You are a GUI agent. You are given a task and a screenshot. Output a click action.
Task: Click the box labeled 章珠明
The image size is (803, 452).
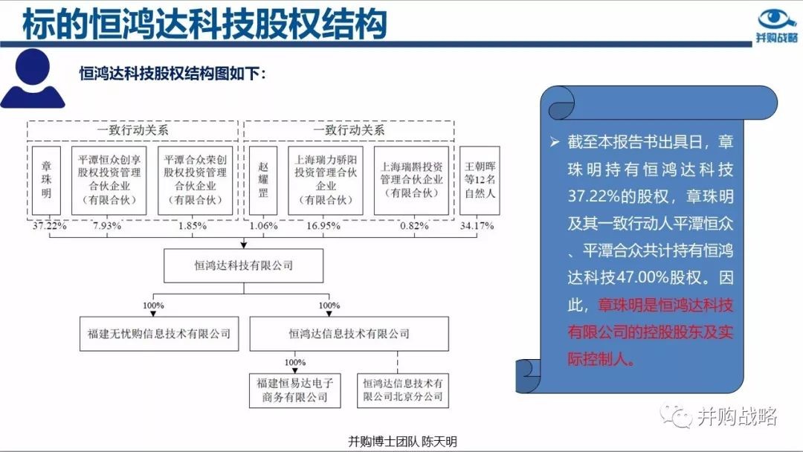click(46, 180)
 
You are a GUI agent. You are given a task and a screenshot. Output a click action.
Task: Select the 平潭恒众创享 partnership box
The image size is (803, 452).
click(109, 180)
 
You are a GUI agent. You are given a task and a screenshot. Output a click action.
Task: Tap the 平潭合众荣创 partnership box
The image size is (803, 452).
click(195, 180)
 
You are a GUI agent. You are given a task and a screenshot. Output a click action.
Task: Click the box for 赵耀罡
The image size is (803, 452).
click(262, 180)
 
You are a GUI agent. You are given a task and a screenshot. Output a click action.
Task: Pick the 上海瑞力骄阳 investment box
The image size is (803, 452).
click(325, 180)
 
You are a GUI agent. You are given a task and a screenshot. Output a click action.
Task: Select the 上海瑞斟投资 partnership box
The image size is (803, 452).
click(411, 180)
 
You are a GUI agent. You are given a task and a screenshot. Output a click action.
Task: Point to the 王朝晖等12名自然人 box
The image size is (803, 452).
click(480, 180)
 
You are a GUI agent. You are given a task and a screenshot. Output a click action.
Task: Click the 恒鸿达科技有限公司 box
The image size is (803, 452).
click(243, 265)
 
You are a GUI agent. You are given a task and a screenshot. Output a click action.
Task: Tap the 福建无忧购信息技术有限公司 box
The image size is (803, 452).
click(159, 334)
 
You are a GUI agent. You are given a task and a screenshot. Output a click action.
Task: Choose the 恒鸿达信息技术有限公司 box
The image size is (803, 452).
click(349, 334)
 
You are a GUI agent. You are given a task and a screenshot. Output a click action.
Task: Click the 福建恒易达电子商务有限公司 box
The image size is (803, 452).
click(295, 390)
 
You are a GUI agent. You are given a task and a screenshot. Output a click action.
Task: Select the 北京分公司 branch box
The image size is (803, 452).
click(403, 390)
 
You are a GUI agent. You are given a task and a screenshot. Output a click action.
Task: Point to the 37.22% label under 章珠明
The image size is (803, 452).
click(50, 226)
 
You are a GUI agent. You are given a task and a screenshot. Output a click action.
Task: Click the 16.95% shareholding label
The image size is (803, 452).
click(323, 226)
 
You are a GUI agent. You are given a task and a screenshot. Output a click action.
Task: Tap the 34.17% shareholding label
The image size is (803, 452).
click(477, 226)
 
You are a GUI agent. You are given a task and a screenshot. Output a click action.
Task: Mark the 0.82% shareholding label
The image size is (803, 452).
click(414, 226)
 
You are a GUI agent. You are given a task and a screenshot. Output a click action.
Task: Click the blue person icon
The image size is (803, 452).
click(33, 78)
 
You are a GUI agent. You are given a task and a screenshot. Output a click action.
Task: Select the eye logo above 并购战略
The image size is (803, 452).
click(776, 19)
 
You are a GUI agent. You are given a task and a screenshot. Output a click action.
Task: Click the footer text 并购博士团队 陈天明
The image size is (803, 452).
click(402, 442)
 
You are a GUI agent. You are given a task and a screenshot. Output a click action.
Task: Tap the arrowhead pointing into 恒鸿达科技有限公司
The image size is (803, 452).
click(244, 245)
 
